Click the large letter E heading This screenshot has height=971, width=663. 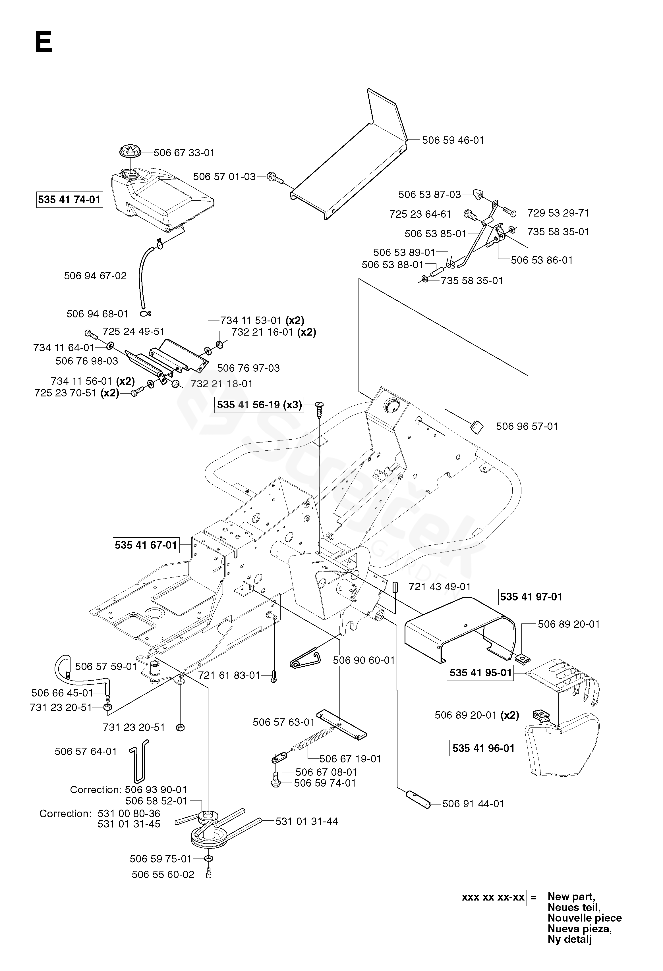coord(43,43)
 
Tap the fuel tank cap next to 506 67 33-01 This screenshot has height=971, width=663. coord(130,151)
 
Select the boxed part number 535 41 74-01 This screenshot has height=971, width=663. coord(69,200)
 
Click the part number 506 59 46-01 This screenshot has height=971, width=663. coord(453,140)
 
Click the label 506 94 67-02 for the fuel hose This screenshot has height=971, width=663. coord(95,276)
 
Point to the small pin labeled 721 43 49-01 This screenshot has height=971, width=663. coord(394,586)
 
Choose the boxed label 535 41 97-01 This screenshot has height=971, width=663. coord(531,597)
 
